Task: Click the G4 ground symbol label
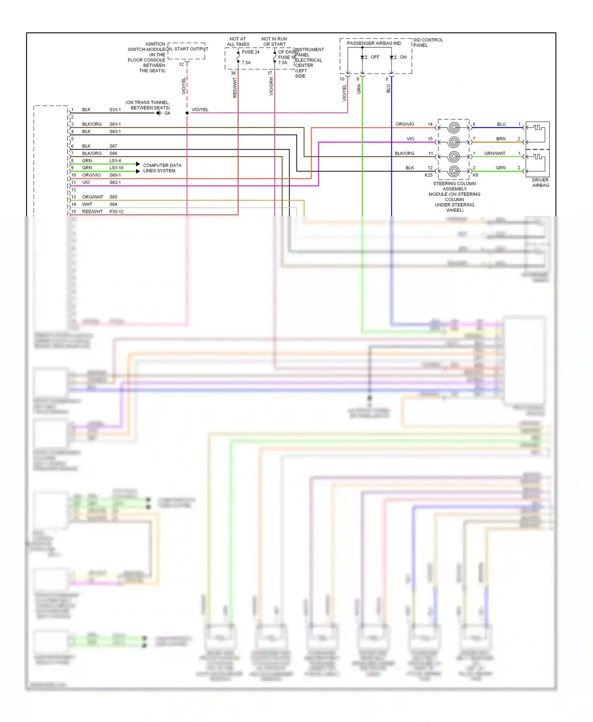tap(167, 113)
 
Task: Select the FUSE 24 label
tap(251, 52)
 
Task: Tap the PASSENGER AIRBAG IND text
tap(374, 43)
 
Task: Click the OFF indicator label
tap(375, 57)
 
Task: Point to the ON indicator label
tap(403, 57)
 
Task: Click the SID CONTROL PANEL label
tap(428, 43)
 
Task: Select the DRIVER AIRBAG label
tap(540, 183)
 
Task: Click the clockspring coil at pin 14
tap(454, 128)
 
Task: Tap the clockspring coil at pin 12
tap(454, 171)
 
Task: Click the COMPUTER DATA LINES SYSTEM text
tap(162, 168)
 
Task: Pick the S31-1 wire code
tap(115, 110)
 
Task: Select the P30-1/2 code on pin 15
tap(116, 212)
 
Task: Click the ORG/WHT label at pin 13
tap(93, 197)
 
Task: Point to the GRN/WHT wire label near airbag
tap(495, 154)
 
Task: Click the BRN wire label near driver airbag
tap(500, 139)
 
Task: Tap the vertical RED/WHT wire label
tap(235, 88)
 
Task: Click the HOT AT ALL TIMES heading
tap(238, 42)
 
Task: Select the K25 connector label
tap(429, 175)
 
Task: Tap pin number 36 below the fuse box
tap(233, 73)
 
